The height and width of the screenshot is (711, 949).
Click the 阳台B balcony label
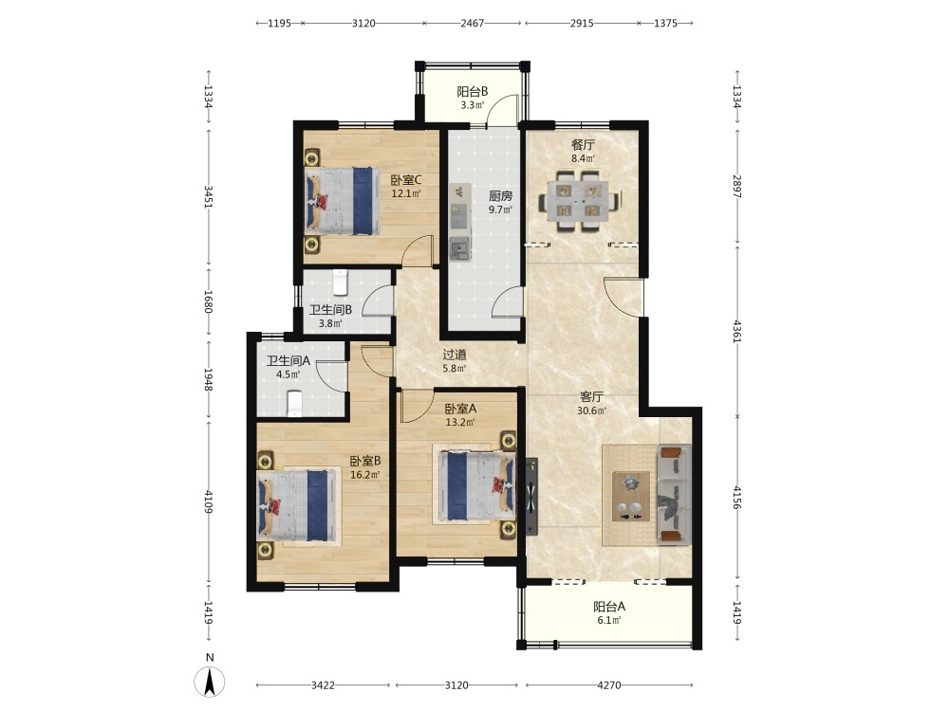point(472,91)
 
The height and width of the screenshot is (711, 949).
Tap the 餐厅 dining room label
point(583,145)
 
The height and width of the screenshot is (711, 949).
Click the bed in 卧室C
point(342,201)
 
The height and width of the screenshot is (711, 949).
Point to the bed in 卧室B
point(296,505)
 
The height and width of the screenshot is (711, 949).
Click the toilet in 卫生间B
point(341,282)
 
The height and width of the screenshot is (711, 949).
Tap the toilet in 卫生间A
point(294,403)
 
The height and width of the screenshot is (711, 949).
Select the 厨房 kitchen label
point(500,196)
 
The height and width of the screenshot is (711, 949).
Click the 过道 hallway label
point(454,355)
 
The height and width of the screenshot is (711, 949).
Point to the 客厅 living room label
point(591,397)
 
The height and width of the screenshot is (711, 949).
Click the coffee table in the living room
point(631,497)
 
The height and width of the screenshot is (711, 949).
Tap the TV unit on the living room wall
point(531,497)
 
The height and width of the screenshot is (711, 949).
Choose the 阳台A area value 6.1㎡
point(609,620)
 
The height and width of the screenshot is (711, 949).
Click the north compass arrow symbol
point(210,682)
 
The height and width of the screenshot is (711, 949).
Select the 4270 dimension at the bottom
point(609,685)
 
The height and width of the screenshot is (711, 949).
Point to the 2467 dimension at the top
point(472,23)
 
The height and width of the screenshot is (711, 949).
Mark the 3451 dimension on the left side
point(208,197)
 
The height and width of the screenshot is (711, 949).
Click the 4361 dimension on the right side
point(736,331)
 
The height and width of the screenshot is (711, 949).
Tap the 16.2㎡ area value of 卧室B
point(365,475)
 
